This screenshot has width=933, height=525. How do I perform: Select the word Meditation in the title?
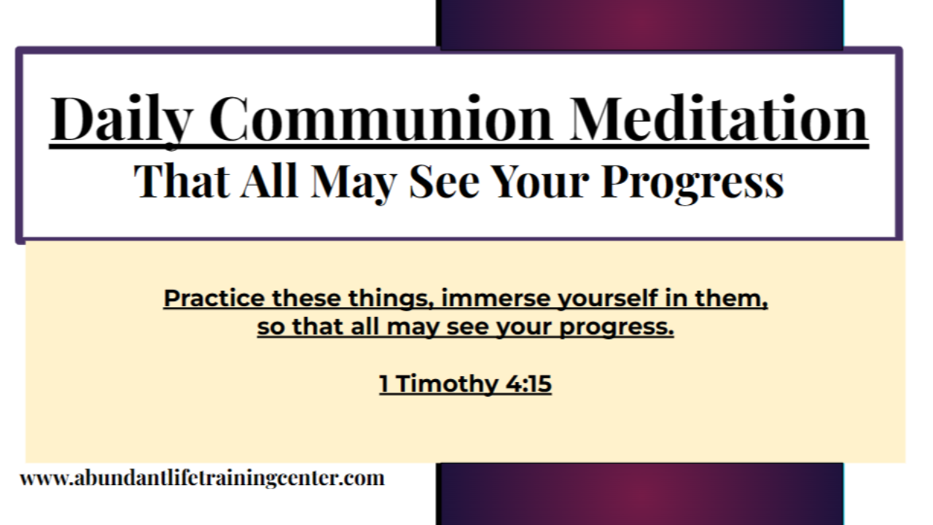pos(719,119)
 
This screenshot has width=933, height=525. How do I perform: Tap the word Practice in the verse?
pos(214,299)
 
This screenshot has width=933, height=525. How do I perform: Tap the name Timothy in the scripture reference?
pos(446,384)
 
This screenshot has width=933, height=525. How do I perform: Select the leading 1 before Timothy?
pos(384,384)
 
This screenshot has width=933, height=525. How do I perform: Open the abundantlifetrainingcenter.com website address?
pos(202,479)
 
